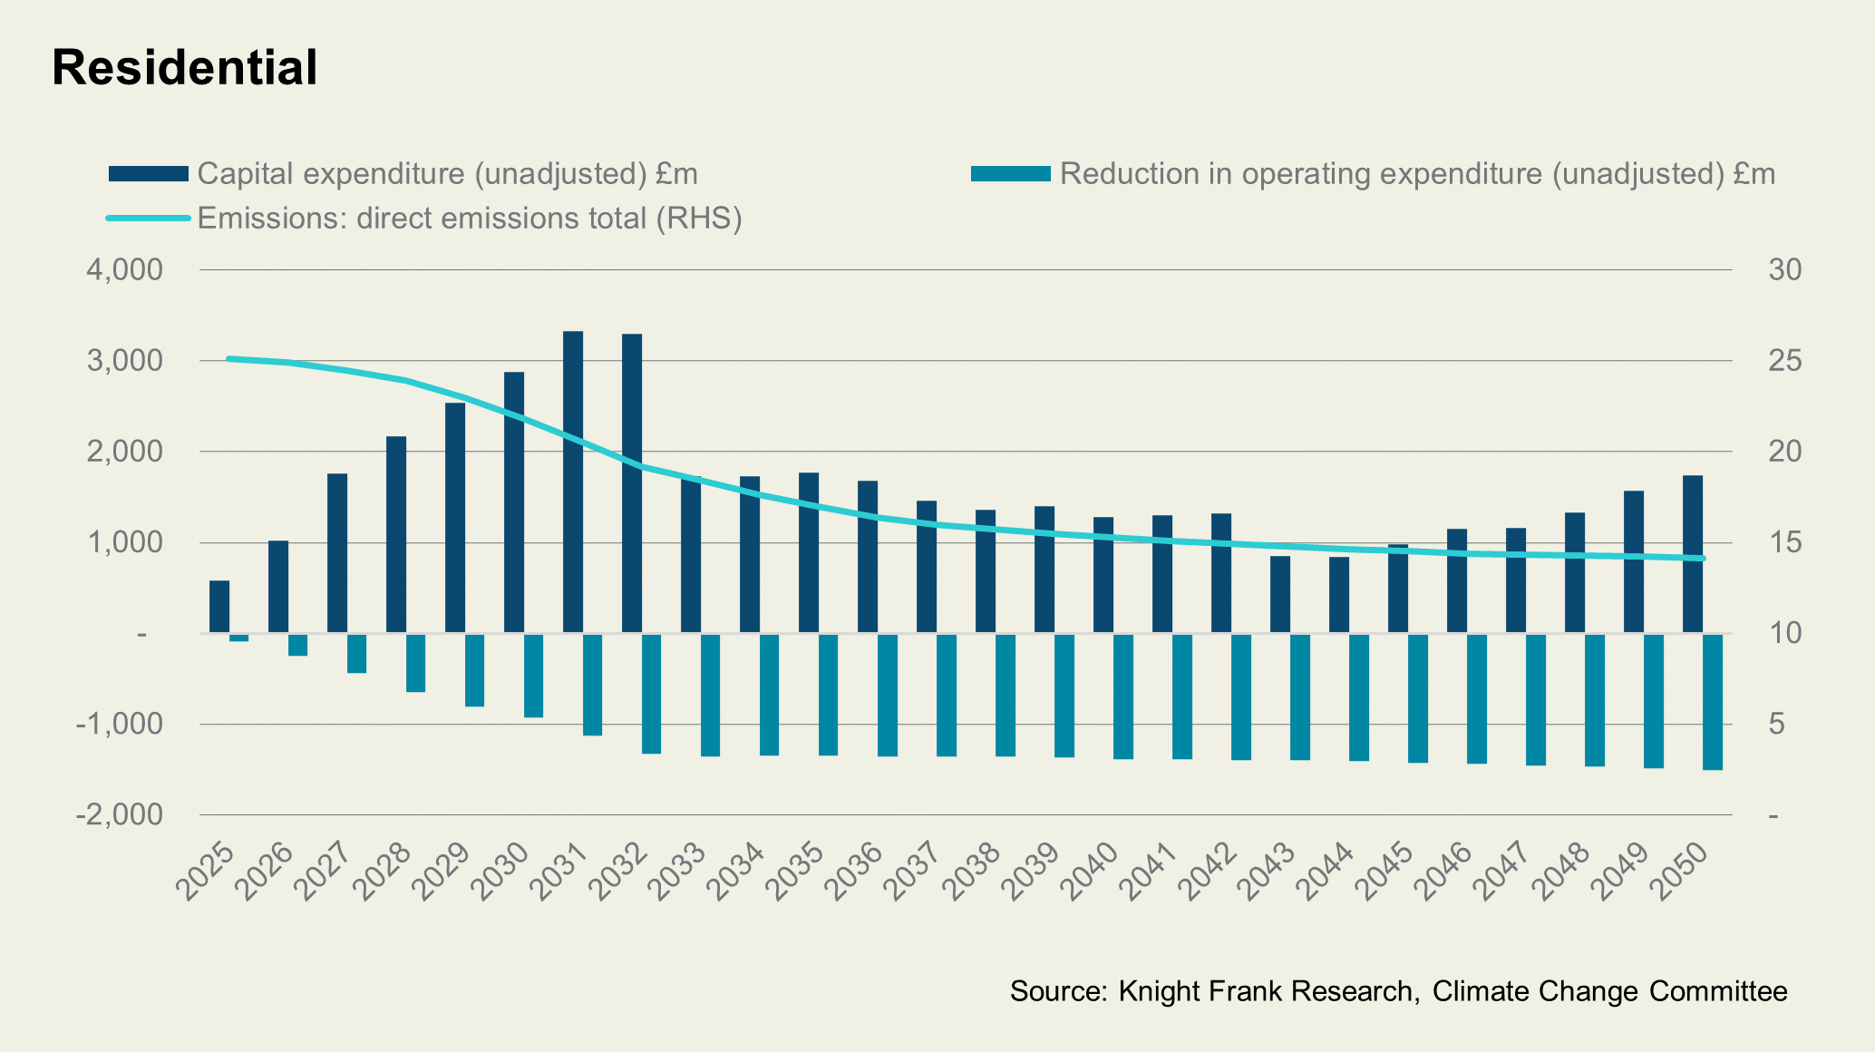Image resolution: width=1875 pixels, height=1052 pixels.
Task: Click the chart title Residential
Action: pos(185,67)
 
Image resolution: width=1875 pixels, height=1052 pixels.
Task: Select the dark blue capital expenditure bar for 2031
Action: pos(573,481)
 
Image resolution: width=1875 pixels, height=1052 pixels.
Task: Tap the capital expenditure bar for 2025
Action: pos(219,606)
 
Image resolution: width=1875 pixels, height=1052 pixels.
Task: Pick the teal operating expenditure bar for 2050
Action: pos(1713,702)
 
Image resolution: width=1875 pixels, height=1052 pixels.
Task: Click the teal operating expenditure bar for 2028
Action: pos(415,663)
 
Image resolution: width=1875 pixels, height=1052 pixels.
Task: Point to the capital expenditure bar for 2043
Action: pos(1280,594)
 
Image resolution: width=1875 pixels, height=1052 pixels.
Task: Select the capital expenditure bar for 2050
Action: pos(1693,553)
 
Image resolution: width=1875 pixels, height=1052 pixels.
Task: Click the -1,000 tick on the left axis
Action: pos(120,725)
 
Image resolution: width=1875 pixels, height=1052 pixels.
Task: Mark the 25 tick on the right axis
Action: pos(1784,361)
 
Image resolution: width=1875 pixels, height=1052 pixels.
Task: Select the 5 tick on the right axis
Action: pos(1776,725)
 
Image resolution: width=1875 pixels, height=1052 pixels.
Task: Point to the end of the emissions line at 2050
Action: pos(1703,559)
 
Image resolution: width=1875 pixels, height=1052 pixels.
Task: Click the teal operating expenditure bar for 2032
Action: pos(652,694)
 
